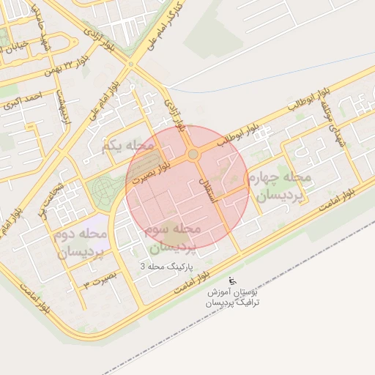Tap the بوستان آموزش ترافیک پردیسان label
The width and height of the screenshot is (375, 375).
[x=232, y=297]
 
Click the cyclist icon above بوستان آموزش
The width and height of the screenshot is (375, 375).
[x=233, y=281]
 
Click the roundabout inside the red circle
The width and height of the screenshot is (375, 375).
[x=193, y=155]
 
